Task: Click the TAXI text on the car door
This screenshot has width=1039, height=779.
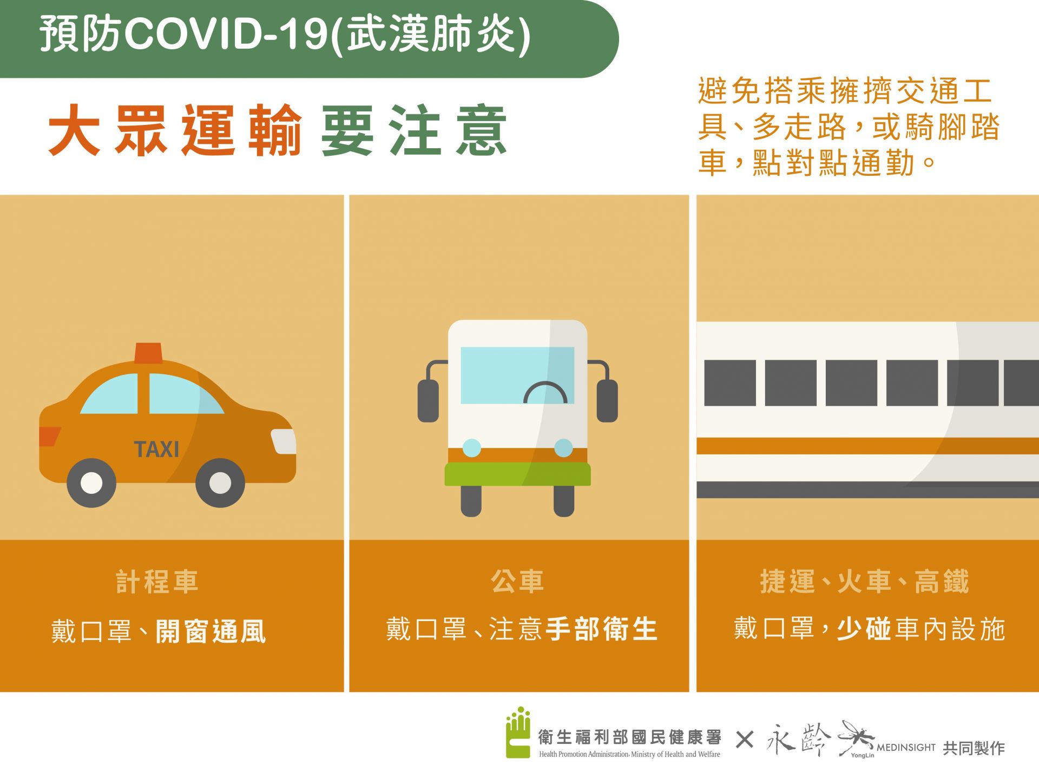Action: [x=156, y=449]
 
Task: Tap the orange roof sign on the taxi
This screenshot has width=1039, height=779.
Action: [x=148, y=353]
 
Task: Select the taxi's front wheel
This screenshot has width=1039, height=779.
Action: [x=220, y=483]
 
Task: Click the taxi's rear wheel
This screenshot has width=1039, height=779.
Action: [x=91, y=483]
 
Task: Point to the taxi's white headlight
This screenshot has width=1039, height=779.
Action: [x=284, y=441]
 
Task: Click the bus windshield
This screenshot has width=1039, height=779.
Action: [x=517, y=375]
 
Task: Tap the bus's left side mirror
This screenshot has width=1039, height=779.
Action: [x=428, y=400]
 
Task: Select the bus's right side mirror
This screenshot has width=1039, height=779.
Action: [x=607, y=400]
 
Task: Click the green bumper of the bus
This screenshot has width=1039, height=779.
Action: [x=517, y=474]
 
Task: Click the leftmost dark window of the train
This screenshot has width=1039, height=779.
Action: [x=730, y=383]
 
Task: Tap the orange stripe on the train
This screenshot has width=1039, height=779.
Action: [x=867, y=446]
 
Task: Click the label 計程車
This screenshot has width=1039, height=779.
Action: [x=157, y=582]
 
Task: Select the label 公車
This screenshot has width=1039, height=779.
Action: [x=517, y=582]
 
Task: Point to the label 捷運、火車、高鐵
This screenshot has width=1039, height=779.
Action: [x=864, y=582]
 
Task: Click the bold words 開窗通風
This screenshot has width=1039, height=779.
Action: [x=211, y=631]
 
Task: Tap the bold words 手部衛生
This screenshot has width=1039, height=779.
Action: [x=601, y=629]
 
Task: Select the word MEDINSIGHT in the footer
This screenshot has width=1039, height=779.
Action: [x=906, y=748]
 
